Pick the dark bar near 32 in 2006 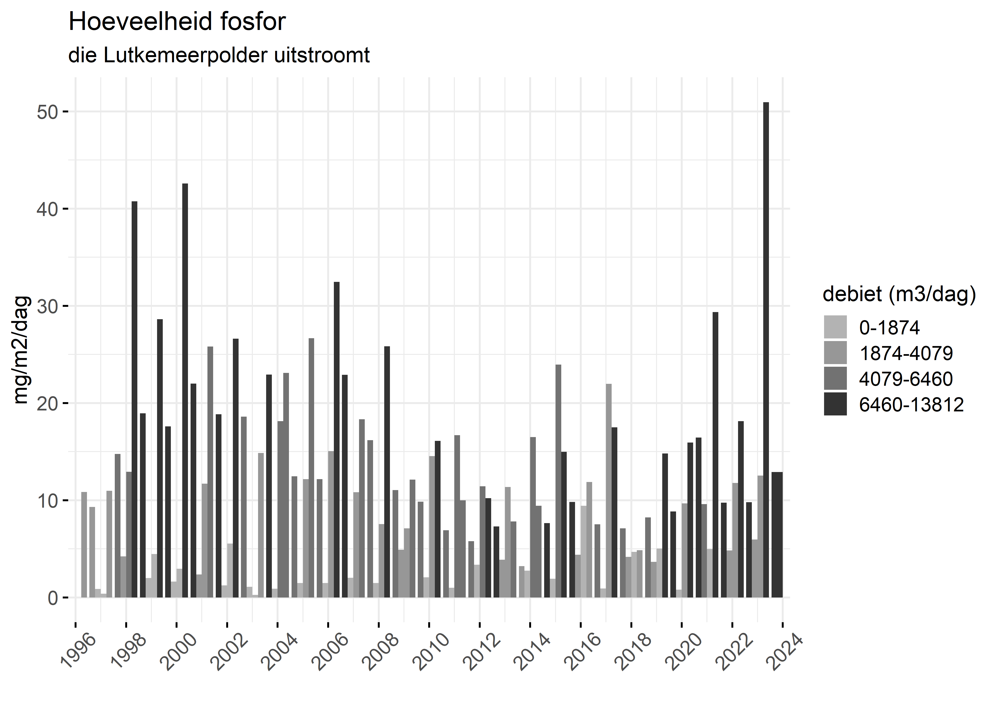pyautogui.click(x=337, y=439)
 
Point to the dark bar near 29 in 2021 pyautogui.click(x=715, y=454)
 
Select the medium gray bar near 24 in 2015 pyautogui.click(x=558, y=481)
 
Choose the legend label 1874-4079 pyautogui.click(x=906, y=353)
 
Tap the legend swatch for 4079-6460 pyautogui.click(x=835, y=378)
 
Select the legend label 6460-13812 pyautogui.click(x=911, y=404)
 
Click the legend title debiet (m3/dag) pyautogui.click(x=899, y=294)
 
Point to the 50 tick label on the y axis pyautogui.click(x=47, y=112)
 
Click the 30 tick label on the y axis pyautogui.click(x=47, y=306)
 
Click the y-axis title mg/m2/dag pyautogui.click(x=21, y=350)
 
